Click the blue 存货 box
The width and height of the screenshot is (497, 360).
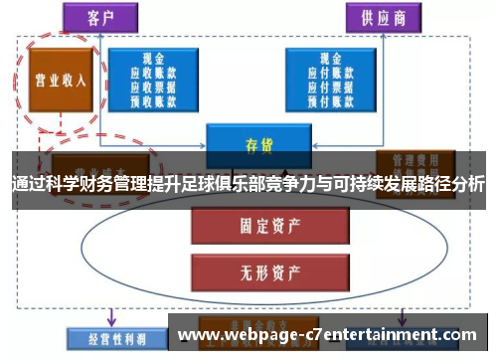click(x=257, y=143)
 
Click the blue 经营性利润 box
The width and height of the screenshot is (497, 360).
click(x=102, y=337)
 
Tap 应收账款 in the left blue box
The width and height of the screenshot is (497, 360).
click(x=155, y=72)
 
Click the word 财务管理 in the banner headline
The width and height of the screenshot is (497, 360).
click(x=108, y=184)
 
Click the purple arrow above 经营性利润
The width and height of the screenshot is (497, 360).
click(x=111, y=315)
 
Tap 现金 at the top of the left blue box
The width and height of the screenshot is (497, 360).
click(x=155, y=59)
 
